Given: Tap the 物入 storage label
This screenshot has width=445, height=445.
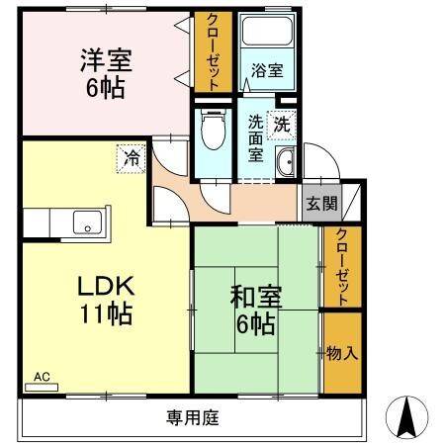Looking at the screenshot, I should (x=341, y=352).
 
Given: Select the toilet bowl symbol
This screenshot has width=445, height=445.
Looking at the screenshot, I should (x=210, y=129).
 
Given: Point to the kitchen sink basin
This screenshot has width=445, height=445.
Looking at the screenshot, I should (x=84, y=223).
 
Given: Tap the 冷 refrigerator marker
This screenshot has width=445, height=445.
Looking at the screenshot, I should (x=130, y=156).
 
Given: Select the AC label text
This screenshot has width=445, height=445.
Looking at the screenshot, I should (x=43, y=377).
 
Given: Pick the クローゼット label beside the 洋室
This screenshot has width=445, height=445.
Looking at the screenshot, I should (x=212, y=51).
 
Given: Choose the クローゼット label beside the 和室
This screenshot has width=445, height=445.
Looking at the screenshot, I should (x=341, y=266).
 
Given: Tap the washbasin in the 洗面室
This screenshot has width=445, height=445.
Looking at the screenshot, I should (x=285, y=166).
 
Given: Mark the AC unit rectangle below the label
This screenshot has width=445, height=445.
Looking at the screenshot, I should (x=42, y=388).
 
